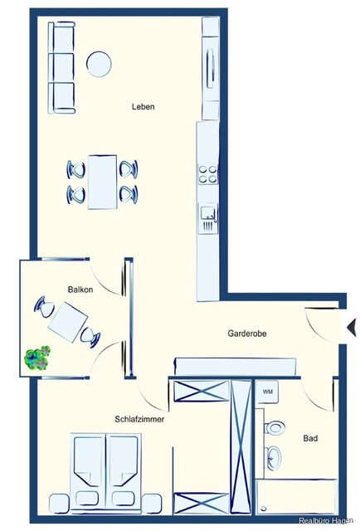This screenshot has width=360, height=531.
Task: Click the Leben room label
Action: [x=144, y=106]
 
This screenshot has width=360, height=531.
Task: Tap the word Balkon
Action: [x=80, y=289]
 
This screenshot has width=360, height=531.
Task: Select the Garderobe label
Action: [x=246, y=334]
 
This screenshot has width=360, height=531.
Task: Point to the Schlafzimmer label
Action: [x=139, y=420]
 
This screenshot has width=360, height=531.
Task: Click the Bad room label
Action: [x=310, y=438]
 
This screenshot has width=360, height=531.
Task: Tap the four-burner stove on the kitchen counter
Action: [x=207, y=174]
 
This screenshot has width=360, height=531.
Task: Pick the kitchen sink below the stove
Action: [x=207, y=217]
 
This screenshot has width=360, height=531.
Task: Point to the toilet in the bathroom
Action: [x=275, y=427]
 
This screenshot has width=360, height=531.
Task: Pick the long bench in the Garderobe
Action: [x=235, y=365]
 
